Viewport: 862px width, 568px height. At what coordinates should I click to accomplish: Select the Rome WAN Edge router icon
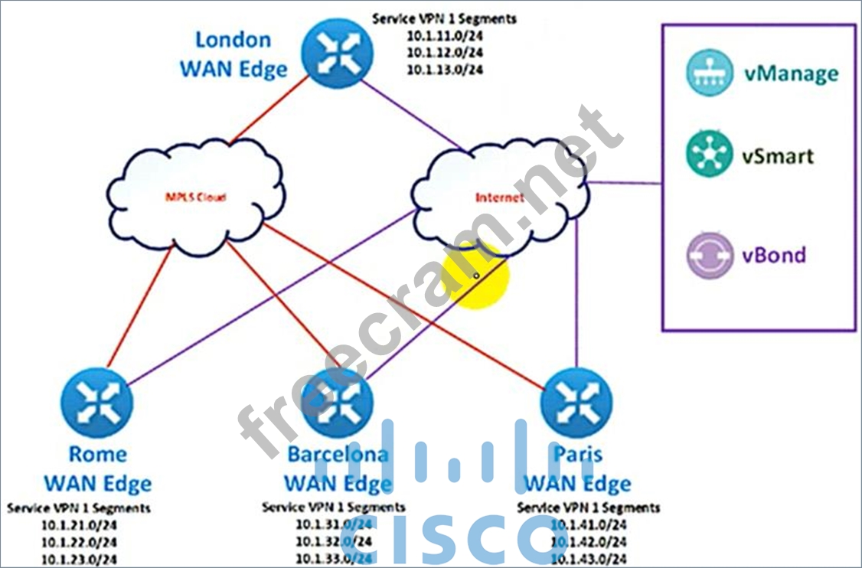(96, 402)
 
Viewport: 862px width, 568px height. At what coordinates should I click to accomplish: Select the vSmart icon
(709, 155)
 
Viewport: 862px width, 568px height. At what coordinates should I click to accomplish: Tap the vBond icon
(709, 255)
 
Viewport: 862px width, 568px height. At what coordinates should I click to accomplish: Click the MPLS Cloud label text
(196, 196)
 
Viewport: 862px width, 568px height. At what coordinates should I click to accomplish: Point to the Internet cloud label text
(500, 197)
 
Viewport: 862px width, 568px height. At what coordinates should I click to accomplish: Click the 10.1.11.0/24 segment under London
(445, 36)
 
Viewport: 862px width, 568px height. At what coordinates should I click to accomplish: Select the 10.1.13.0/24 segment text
(445, 70)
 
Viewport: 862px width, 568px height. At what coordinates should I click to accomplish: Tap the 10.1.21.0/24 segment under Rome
(79, 524)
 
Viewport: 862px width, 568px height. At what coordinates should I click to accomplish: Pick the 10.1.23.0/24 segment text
(79, 558)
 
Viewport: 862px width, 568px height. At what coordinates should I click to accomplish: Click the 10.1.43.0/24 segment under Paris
(589, 558)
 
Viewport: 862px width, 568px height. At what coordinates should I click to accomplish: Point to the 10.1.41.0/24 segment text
(589, 524)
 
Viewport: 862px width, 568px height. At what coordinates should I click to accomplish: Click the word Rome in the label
(97, 454)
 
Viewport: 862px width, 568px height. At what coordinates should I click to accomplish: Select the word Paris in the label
(577, 454)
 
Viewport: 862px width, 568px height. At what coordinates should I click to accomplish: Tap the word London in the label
(233, 39)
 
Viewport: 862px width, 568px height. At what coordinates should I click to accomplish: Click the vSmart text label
(777, 156)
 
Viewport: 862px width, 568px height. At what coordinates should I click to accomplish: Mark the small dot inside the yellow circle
(476, 276)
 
